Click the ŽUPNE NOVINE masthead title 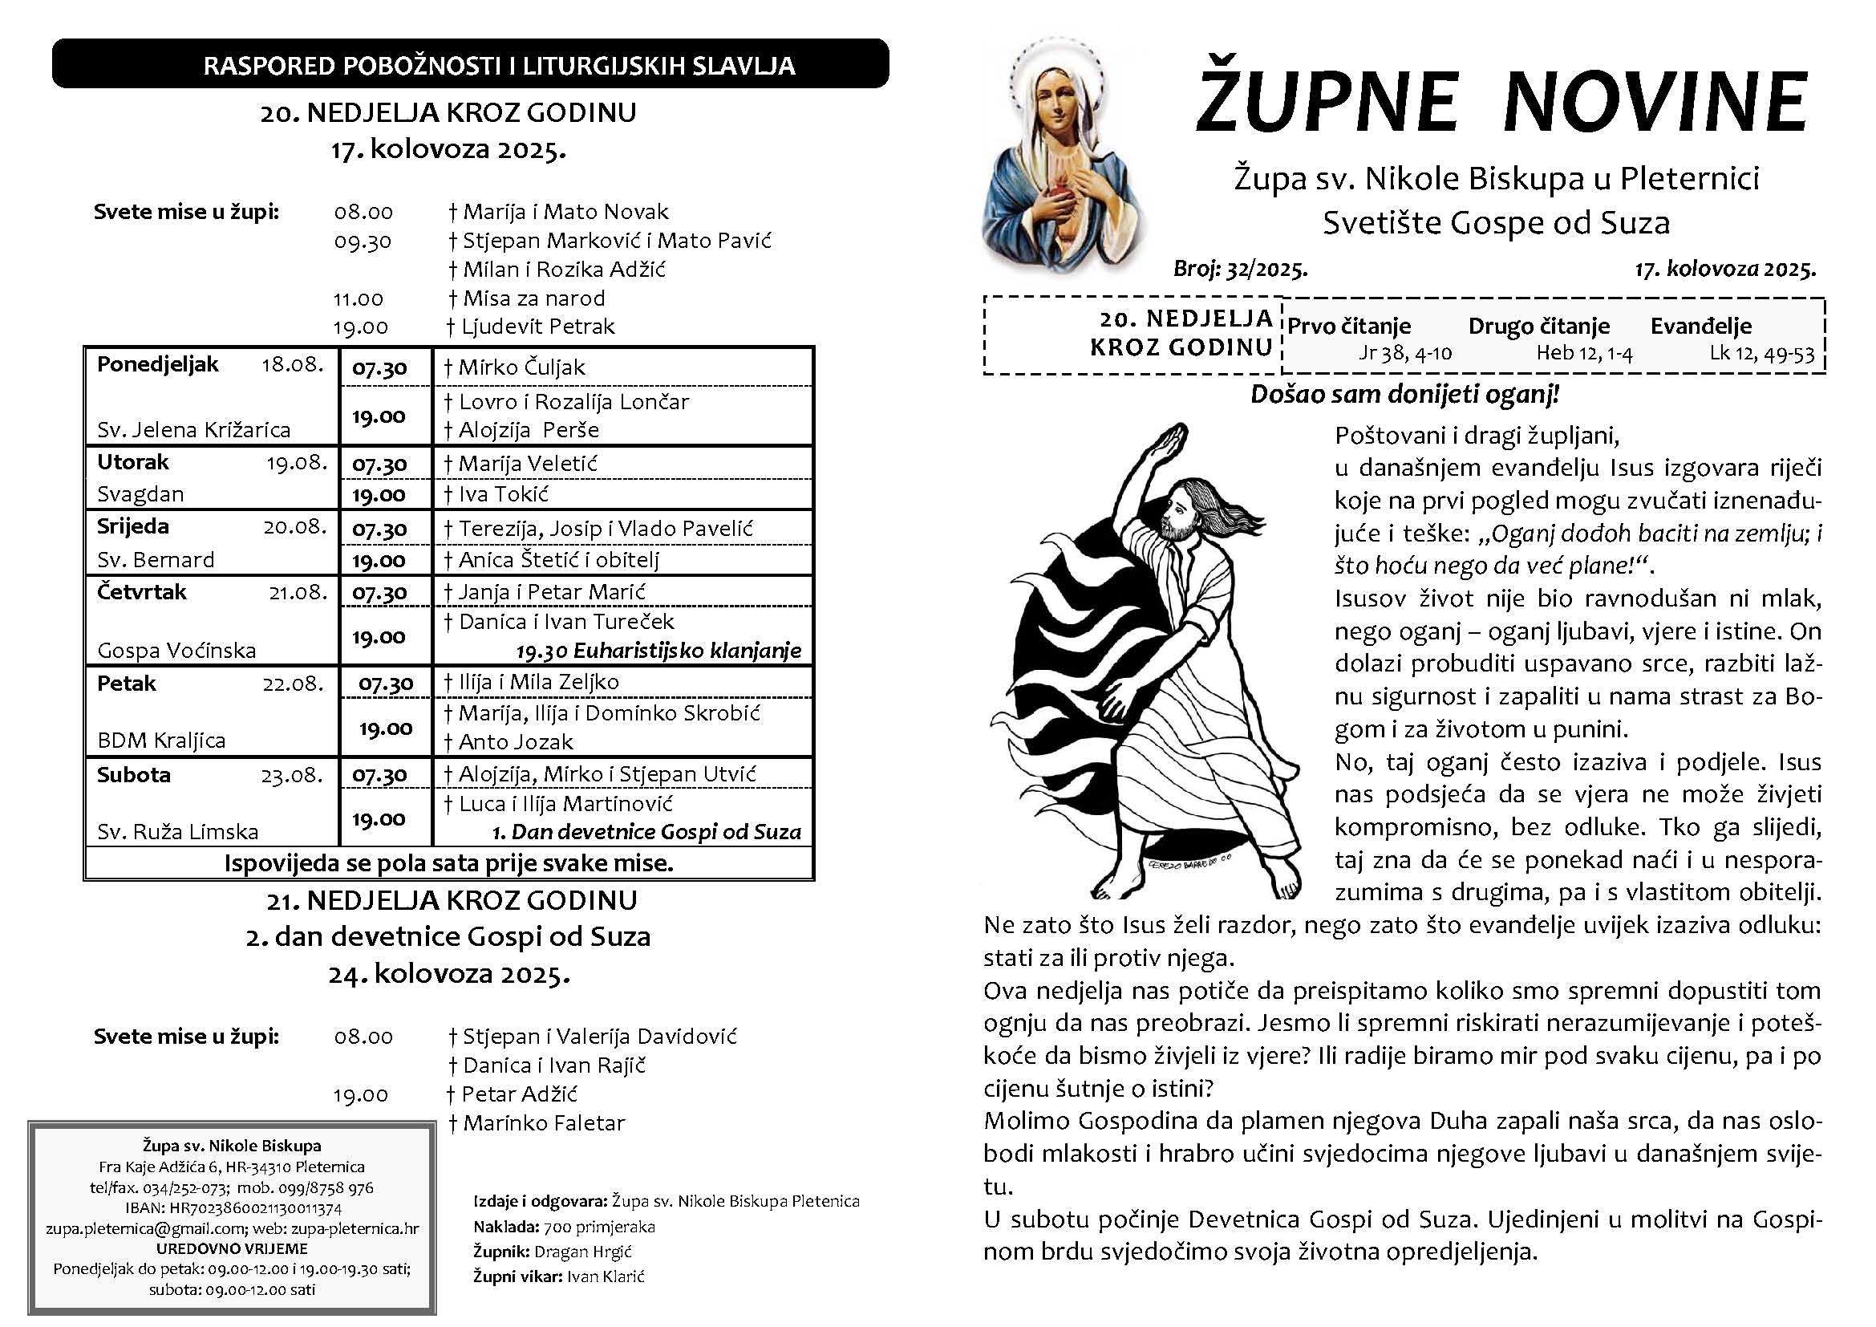coord(1501,101)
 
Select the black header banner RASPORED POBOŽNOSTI coord(470,63)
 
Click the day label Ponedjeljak coord(158,364)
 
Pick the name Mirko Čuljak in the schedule coord(522,367)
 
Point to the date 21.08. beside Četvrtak coord(298,592)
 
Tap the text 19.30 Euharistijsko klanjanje coord(658,651)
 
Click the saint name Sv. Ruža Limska coord(177,832)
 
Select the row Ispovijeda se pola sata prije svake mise coord(448,864)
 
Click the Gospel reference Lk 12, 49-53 coord(1761,354)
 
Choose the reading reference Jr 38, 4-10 coord(1404,353)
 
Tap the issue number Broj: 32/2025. coord(1240,269)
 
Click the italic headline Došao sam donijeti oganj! coord(1404,395)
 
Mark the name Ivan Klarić coord(606,1276)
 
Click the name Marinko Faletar coord(543,1123)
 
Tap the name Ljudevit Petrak coord(537,327)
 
